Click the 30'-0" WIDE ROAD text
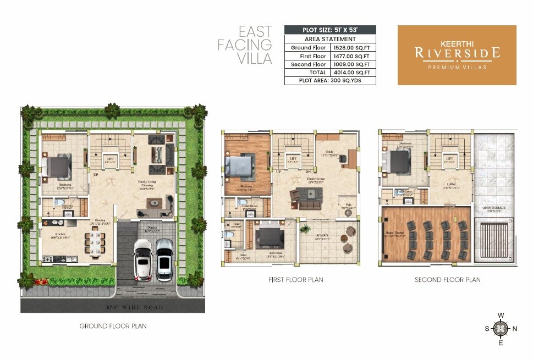(134, 307)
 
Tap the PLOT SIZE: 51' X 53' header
(330, 30)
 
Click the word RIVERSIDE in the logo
(457, 53)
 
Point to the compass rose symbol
(500, 329)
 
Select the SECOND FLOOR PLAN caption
(447, 280)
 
